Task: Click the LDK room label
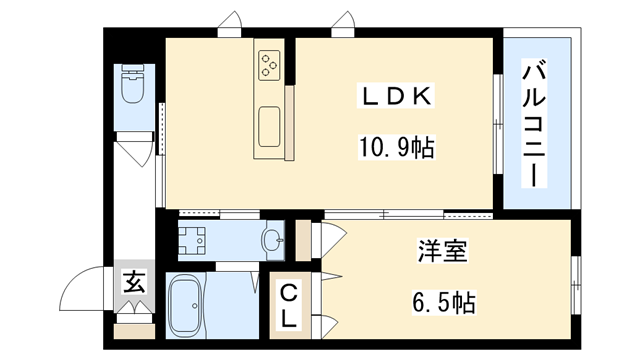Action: tap(397, 96)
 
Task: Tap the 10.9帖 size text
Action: tap(396, 149)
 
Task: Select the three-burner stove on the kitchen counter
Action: tap(268, 65)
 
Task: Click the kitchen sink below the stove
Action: tap(268, 126)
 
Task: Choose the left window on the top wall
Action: tap(232, 21)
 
